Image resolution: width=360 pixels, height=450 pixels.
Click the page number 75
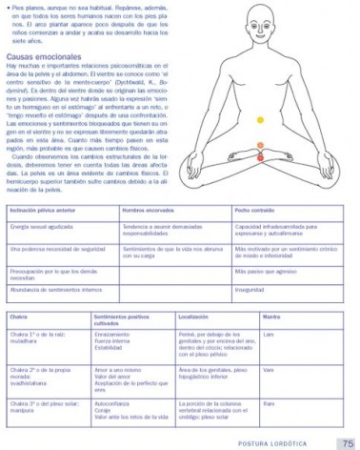[347, 442]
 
